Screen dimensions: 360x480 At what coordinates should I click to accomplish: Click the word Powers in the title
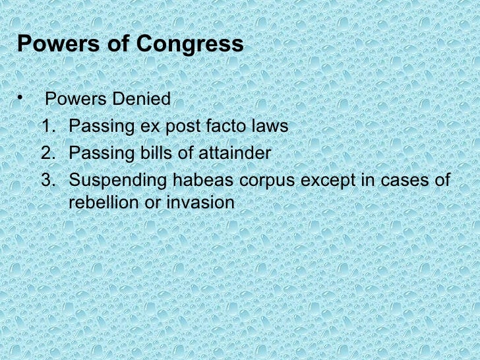pos(54,45)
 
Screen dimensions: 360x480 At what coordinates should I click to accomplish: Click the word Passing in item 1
pos(98,127)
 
